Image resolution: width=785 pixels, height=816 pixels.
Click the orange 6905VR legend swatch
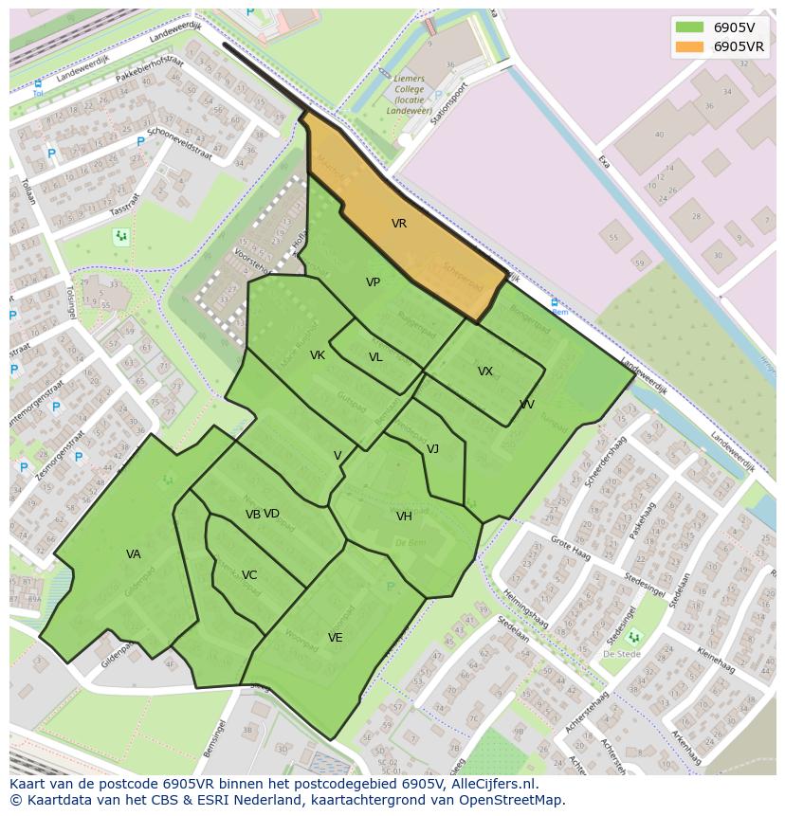coord(689,46)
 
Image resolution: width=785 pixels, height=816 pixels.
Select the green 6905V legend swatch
coord(689,27)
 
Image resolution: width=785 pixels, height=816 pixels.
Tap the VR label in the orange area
coord(399,224)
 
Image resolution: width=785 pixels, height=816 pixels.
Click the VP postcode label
coord(373,282)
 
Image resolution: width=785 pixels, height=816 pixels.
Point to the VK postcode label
coord(318,355)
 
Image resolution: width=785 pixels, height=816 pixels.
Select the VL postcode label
coord(375,357)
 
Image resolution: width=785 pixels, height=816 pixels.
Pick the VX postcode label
coord(485,372)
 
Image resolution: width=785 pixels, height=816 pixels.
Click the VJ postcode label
coord(432,449)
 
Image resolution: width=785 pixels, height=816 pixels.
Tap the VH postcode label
coord(404,517)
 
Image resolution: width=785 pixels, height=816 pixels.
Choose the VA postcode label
coord(134,554)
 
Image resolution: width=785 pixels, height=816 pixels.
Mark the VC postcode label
coord(249,575)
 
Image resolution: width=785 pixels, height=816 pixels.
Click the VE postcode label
coord(336,638)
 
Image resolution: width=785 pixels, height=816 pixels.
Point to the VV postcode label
coord(527,405)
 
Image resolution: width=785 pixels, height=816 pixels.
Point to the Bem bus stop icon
coord(556,303)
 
